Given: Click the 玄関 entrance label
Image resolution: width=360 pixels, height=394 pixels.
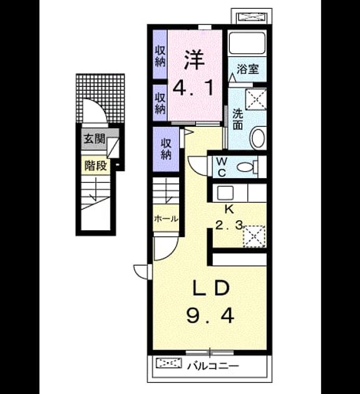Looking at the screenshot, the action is (94, 138).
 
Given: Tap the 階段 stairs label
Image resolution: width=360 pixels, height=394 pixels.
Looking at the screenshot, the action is (96, 166).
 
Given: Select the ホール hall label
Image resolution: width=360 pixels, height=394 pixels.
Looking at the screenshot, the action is (166, 219).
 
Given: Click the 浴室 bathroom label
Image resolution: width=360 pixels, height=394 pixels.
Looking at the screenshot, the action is (248, 69).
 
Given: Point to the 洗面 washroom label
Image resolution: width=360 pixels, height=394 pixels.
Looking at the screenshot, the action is (237, 119).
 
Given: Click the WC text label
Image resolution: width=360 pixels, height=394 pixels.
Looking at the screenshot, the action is (222, 167).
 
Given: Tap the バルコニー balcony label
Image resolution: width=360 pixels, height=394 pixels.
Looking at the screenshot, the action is (213, 366).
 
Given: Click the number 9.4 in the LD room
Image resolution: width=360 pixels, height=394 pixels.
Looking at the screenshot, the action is (210, 316).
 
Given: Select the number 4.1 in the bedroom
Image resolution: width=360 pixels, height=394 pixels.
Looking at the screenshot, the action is (194, 88).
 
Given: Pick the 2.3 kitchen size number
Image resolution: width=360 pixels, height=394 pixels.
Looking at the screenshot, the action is (229, 225).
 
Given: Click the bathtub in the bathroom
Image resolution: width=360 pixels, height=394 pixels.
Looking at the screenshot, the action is (247, 43).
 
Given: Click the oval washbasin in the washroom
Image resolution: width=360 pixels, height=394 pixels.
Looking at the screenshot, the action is (258, 138).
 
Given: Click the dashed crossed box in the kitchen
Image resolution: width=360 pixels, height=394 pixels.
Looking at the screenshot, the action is (254, 236).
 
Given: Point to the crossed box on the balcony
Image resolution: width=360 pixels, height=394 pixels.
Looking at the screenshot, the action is (168, 363).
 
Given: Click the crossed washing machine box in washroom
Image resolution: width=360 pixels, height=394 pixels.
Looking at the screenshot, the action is (256, 99).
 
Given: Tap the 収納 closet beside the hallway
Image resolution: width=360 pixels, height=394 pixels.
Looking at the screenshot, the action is (166, 149).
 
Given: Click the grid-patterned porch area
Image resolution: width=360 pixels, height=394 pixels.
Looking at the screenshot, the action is (100, 98).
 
